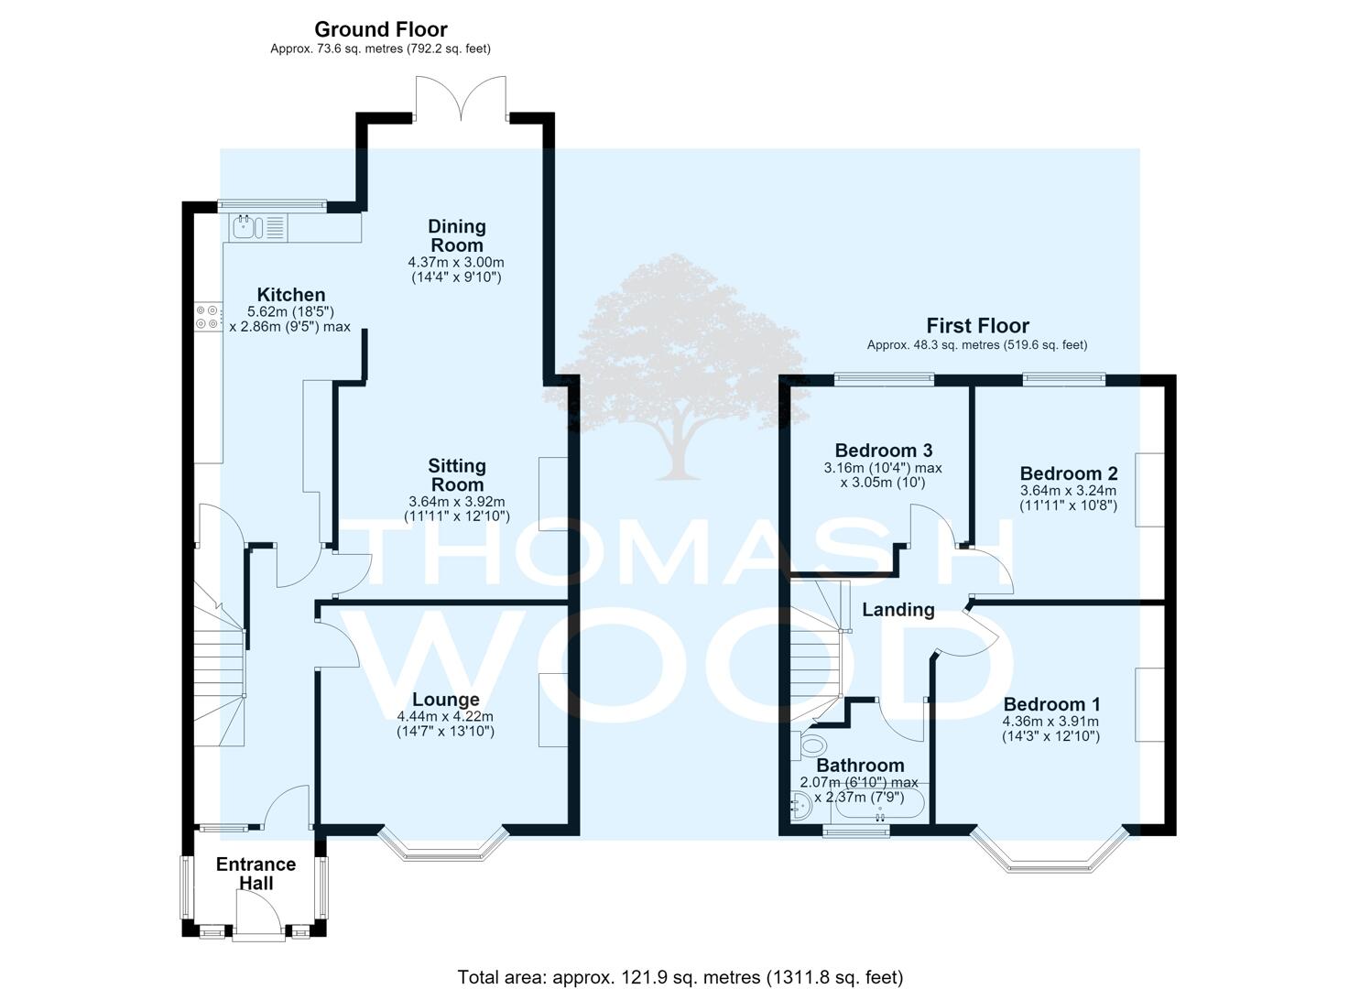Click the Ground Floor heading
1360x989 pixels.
(381, 29)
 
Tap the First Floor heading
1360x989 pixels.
(977, 325)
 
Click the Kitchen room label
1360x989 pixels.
(291, 295)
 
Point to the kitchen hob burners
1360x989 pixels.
(206, 317)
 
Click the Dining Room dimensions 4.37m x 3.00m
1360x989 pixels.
(456, 262)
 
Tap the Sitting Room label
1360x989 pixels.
(457, 474)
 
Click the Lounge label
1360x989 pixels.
(446, 700)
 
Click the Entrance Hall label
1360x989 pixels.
(256, 873)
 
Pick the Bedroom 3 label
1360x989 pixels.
(884, 450)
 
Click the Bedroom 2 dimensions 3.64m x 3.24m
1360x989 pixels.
(1068, 490)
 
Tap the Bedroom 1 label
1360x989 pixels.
(1051, 703)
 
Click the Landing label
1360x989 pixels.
(898, 609)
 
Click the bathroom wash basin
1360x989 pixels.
(800, 806)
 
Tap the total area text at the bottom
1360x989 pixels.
(680, 961)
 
